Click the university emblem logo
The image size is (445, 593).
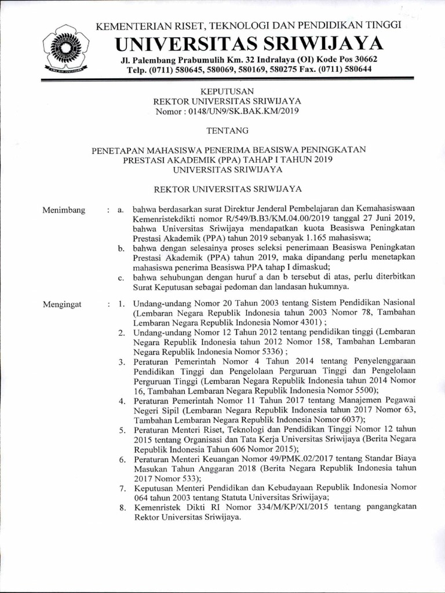65,48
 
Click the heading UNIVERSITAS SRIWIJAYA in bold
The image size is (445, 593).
249,43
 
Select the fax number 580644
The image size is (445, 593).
357,69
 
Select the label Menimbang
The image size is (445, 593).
64,210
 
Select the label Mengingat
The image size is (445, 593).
63,303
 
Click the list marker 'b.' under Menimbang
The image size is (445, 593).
121,249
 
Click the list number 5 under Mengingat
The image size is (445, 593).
122,430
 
